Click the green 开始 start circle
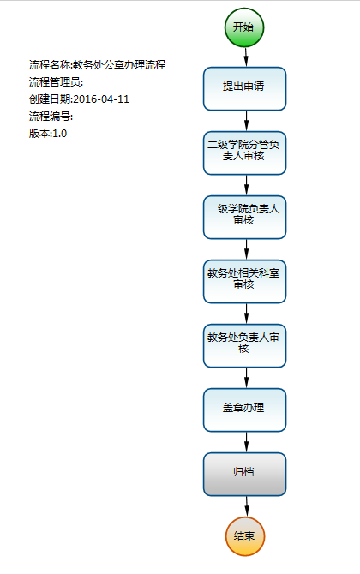click(x=244, y=27)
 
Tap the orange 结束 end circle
click(x=244, y=536)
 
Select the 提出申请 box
click(x=244, y=88)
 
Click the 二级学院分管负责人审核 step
click(x=244, y=153)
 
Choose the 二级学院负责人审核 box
click(x=244, y=217)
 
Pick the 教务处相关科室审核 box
click(x=244, y=282)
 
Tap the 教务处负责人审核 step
click(x=244, y=345)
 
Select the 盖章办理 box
click(x=244, y=410)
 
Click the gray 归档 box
click(x=244, y=475)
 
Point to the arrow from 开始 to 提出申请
click(x=246, y=57)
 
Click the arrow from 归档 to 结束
click(x=247, y=506)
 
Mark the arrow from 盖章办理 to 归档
click(x=246, y=442)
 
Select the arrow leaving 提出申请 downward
click(x=246, y=121)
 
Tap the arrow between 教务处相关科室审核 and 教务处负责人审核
click(x=246, y=314)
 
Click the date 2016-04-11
click(x=101, y=99)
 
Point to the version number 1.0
click(x=60, y=134)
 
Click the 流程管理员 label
click(x=55, y=82)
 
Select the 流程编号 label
click(x=50, y=117)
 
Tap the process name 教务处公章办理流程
click(x=119, y=65)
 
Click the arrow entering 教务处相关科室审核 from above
click(x=246, y=249)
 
